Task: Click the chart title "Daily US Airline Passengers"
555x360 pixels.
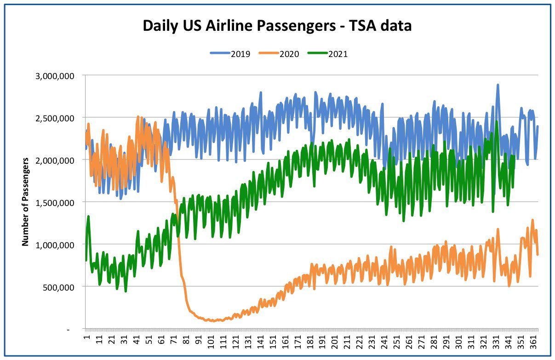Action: pos(240,26)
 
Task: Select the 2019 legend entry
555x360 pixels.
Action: pos(230,54)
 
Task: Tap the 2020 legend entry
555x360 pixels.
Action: pos(279,54)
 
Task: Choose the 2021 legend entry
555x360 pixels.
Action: pos(327,54)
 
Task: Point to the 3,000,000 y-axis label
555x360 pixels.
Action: pos(55,76)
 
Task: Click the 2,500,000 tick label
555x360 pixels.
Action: pos(55,119)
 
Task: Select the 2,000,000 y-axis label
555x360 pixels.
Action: pos(55,160)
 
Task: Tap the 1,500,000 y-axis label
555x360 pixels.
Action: pos(55,203)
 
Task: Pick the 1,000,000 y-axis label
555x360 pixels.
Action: pos(55,245)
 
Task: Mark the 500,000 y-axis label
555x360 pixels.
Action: pos(58,287)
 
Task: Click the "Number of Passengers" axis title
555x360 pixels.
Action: pos(25,202)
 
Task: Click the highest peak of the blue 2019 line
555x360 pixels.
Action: pos(498,85)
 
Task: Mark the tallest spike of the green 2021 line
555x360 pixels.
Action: pos(496,121)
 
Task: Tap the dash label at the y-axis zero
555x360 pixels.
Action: pos(69,330)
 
